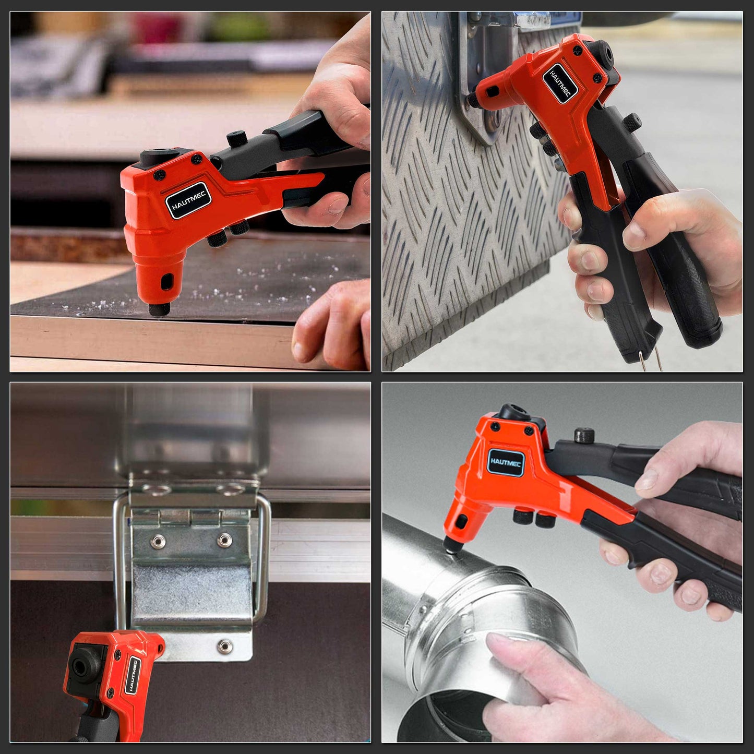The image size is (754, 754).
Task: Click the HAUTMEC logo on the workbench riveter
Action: pos(188,201)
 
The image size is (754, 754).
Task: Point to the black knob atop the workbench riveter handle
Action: pos(236,138)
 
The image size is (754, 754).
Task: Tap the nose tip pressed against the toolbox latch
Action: pos(473,99)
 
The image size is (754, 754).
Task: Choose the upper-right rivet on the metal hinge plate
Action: pos(224,540)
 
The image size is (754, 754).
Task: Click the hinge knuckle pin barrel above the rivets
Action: pos(190,517)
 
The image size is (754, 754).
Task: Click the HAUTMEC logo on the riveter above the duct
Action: pos(506,463)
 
